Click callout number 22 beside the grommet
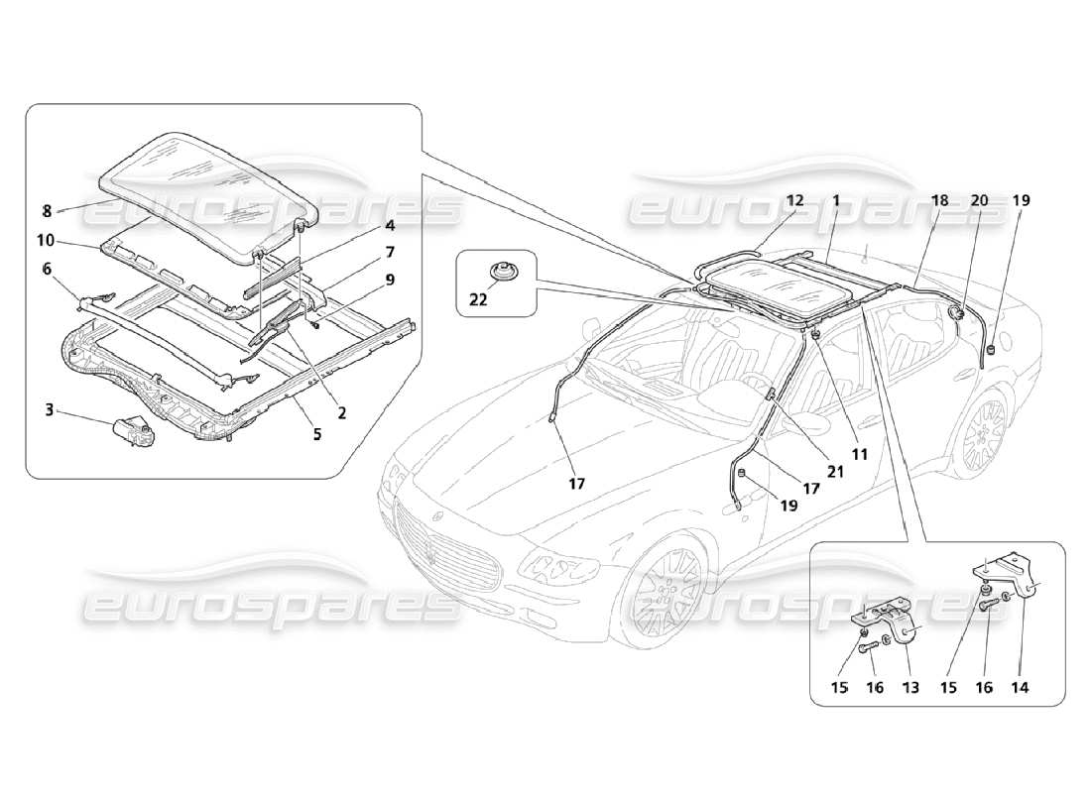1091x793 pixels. coord(479,301)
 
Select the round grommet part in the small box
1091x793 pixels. coord(502,273)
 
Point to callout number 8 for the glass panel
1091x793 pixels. coord(47,209)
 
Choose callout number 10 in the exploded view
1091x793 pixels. coord(47,241)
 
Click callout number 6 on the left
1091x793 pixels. coord(47,268)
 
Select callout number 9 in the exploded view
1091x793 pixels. coord(390,280)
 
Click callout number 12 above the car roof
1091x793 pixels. coord(795,200)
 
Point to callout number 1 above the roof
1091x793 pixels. coord(836,200)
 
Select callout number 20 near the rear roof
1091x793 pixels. coord(979,200)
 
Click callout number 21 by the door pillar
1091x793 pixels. coord(835,473)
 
